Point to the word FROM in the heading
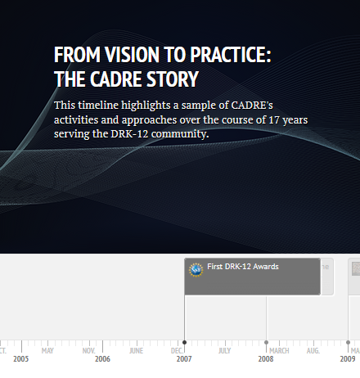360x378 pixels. coord(73,56)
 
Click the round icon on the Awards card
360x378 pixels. coord(196,268)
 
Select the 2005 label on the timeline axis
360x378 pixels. coord(20,359)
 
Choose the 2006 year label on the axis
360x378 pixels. coord(102,359)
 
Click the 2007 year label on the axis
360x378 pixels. coord(184,359)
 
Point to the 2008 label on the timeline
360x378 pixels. coord(266,359)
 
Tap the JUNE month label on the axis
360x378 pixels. coord(136,351)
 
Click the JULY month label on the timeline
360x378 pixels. coord(224,351)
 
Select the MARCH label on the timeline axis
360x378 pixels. coord(279,351)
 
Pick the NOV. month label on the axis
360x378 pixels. coord(88,351)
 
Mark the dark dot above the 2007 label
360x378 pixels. coord(185,342)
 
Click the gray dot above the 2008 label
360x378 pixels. coord(267,342)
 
